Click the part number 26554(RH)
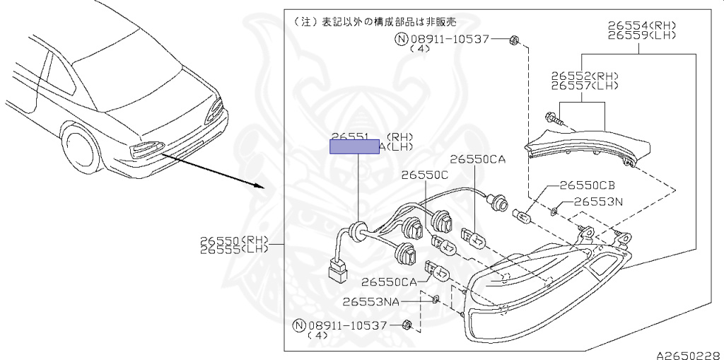[642, 25]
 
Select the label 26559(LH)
[642, 35]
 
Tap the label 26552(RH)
[586, 75]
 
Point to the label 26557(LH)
[586, 85]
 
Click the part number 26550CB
[587, 185]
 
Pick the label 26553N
[597, 202]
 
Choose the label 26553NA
[372, 301]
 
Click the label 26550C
[425, 174]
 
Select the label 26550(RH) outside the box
[235, 240]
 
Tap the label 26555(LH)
[235, 250]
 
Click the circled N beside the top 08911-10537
[401, 39]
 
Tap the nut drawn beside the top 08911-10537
[515, 40]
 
